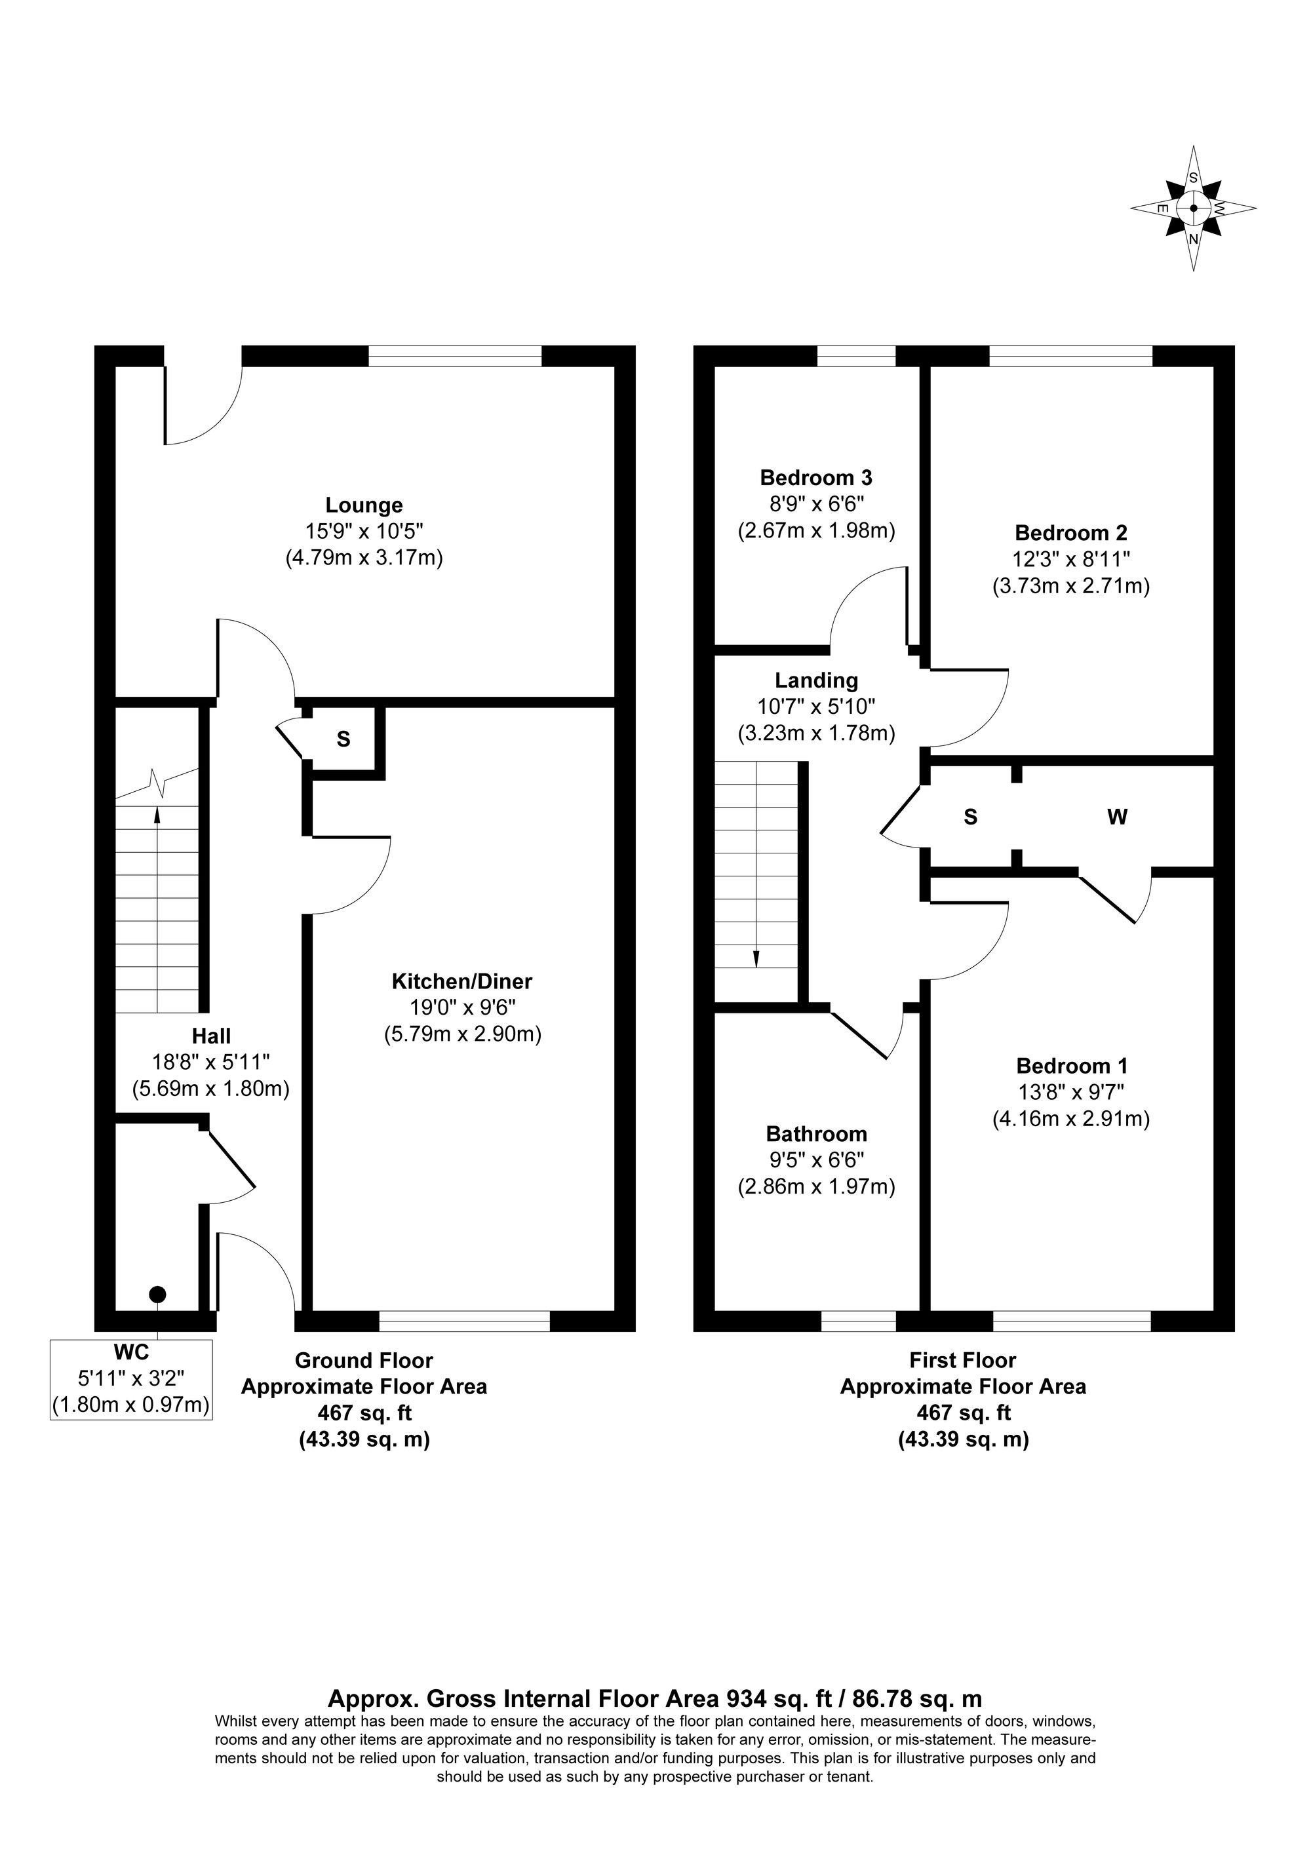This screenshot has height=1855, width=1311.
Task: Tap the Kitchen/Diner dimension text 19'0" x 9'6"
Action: [461, 1007]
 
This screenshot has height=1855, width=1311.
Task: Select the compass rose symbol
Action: [1192, 208]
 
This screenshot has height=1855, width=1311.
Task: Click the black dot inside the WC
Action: [157, 1295]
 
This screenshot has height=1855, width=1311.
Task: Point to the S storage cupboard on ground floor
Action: [343, 739]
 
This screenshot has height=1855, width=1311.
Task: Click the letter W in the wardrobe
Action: [1116, 817]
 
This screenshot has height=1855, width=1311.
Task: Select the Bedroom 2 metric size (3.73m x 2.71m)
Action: [1070, 586]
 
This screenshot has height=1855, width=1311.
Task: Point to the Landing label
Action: [816, 680]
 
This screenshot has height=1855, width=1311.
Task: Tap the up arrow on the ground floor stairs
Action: [157, 814]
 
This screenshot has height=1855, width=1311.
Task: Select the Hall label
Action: [211, 1036]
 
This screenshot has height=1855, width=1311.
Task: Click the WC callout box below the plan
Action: [131, 1380]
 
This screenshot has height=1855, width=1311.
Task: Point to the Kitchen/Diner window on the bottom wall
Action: [465, 1321]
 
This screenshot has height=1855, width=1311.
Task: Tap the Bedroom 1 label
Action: [1071, 1066]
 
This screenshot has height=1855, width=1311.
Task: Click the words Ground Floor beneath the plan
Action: [364, 1361]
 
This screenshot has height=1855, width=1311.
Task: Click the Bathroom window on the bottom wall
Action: [858, 1321]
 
